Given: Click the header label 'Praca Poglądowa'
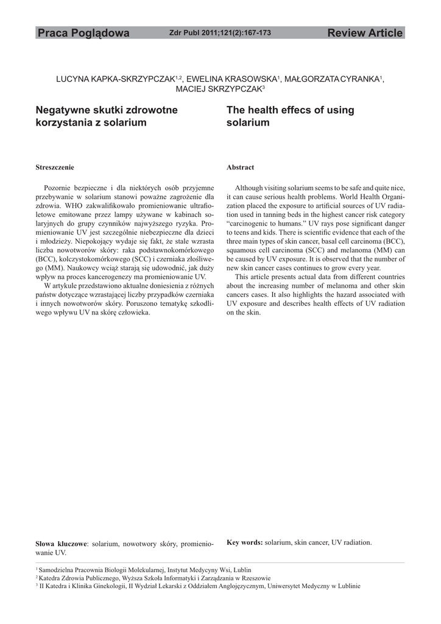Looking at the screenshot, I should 83,33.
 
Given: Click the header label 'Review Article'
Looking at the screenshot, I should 365,33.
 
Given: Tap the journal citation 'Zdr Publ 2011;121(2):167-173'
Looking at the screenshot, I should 220,33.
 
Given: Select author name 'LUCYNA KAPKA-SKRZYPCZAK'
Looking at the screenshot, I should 115,79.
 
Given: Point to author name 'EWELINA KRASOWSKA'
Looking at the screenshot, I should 231,79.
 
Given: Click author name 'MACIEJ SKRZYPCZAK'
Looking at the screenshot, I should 219,90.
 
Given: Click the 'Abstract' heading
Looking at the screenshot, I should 240,167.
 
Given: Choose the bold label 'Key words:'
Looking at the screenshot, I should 245,542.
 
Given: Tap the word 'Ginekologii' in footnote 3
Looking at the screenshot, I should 110,586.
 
